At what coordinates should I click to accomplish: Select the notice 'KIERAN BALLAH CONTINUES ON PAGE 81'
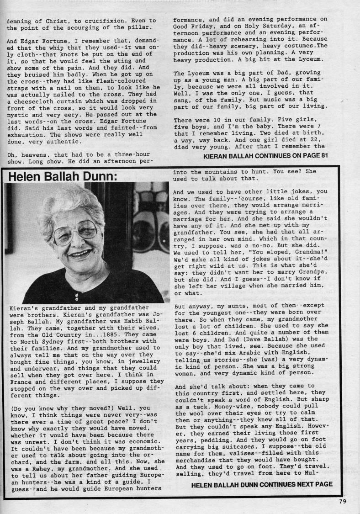(267, 155)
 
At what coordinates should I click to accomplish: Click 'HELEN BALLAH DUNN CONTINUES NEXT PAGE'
(262, 484)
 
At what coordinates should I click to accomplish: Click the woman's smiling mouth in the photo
(80, 253)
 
